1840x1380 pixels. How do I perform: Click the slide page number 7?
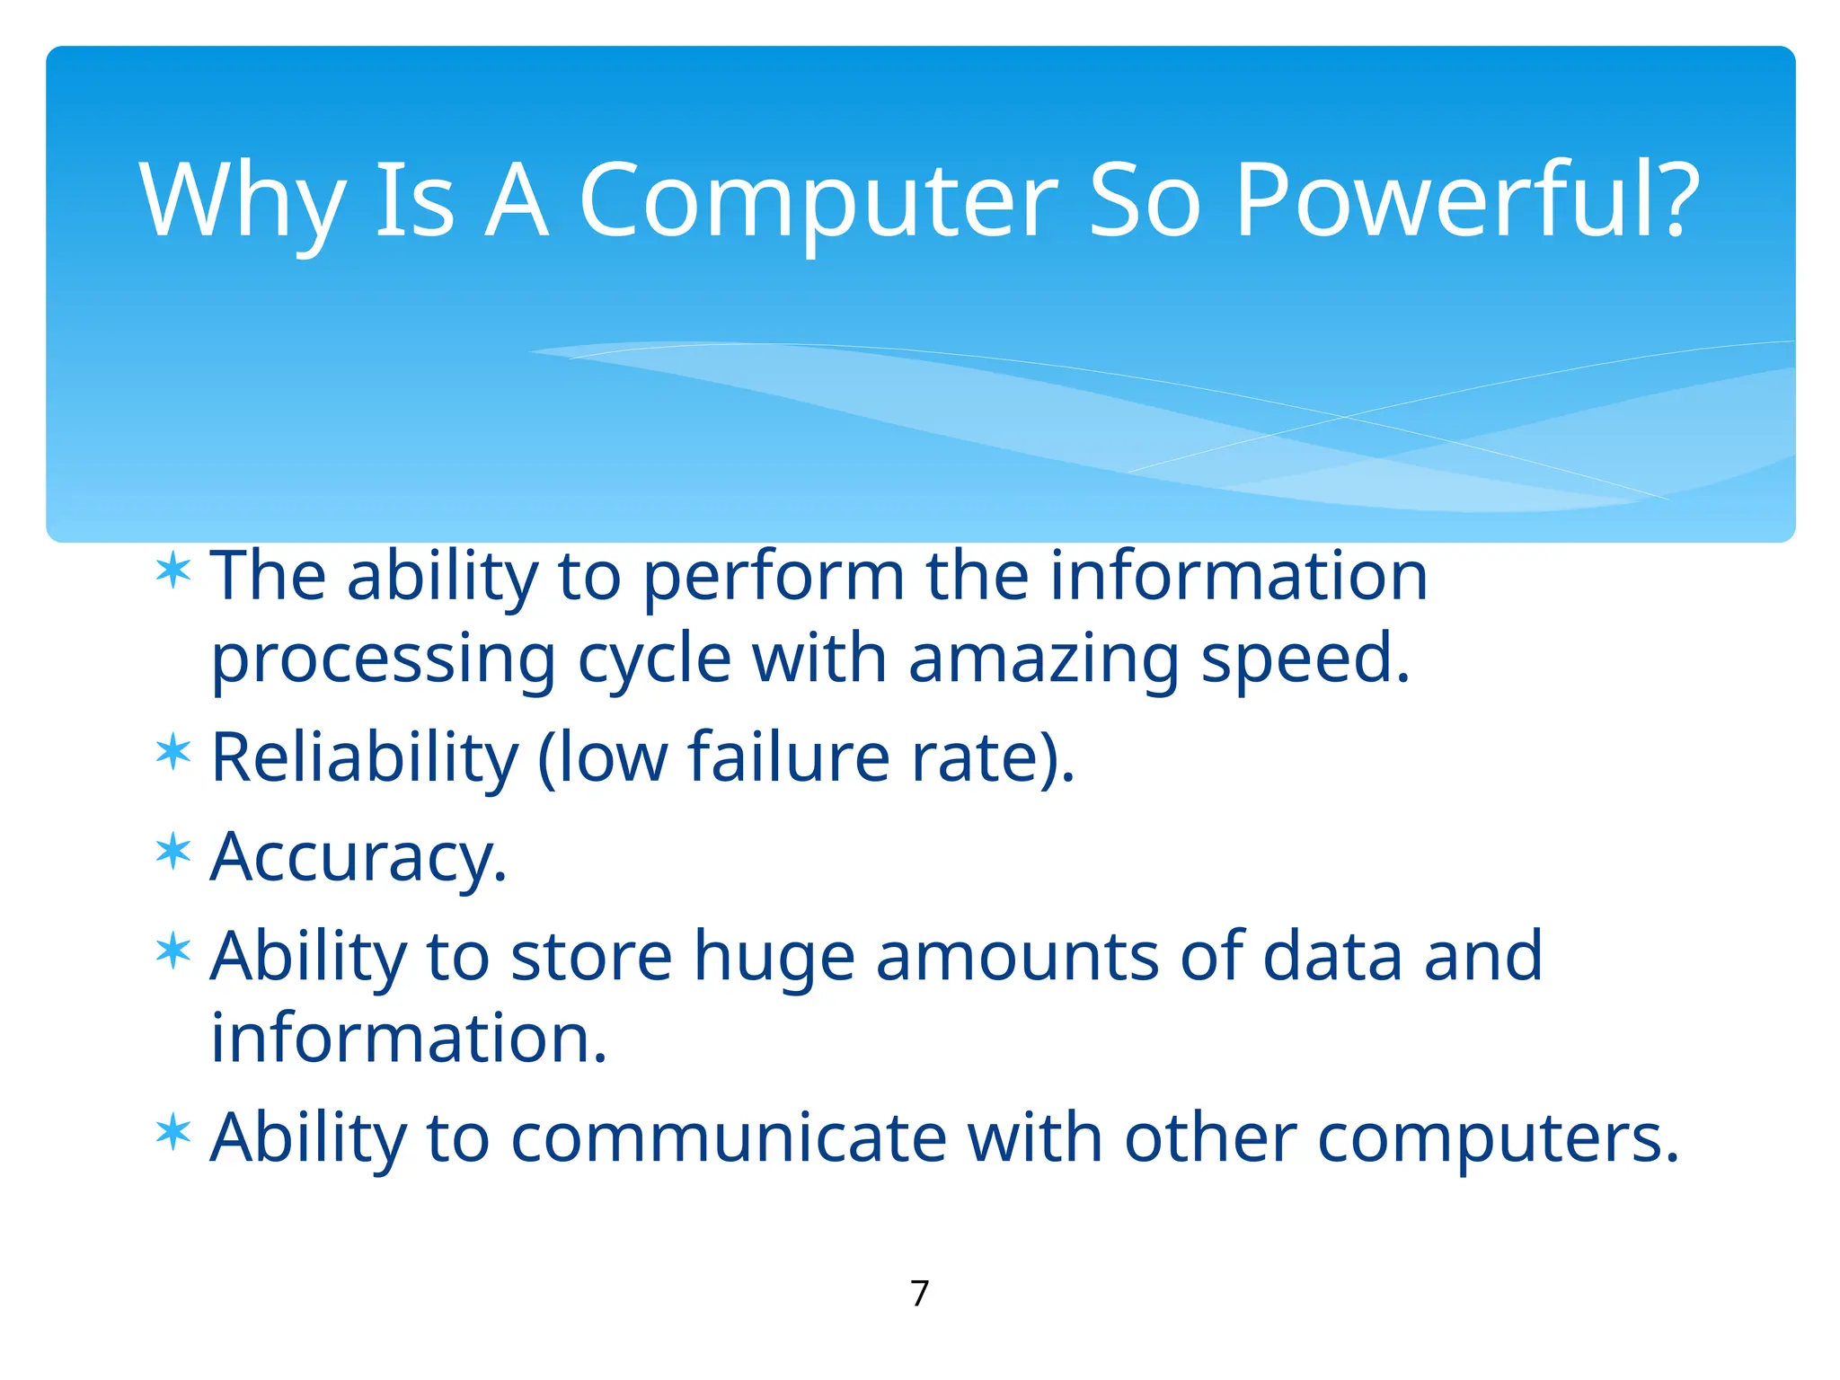point(919,1294)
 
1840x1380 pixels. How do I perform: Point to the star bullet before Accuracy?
point(172,852)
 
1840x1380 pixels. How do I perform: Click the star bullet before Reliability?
point(172,752)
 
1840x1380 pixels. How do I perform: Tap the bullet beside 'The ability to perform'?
point(172,571)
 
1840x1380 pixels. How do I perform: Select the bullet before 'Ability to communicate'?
point(172,1132)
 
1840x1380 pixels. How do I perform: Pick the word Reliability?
point(365,756)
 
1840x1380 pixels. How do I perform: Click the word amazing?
point(1043,659)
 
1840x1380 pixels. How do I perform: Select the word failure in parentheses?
point(789,756)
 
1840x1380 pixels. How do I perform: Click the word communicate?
point(729,1137)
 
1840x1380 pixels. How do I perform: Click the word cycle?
point(654,659)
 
